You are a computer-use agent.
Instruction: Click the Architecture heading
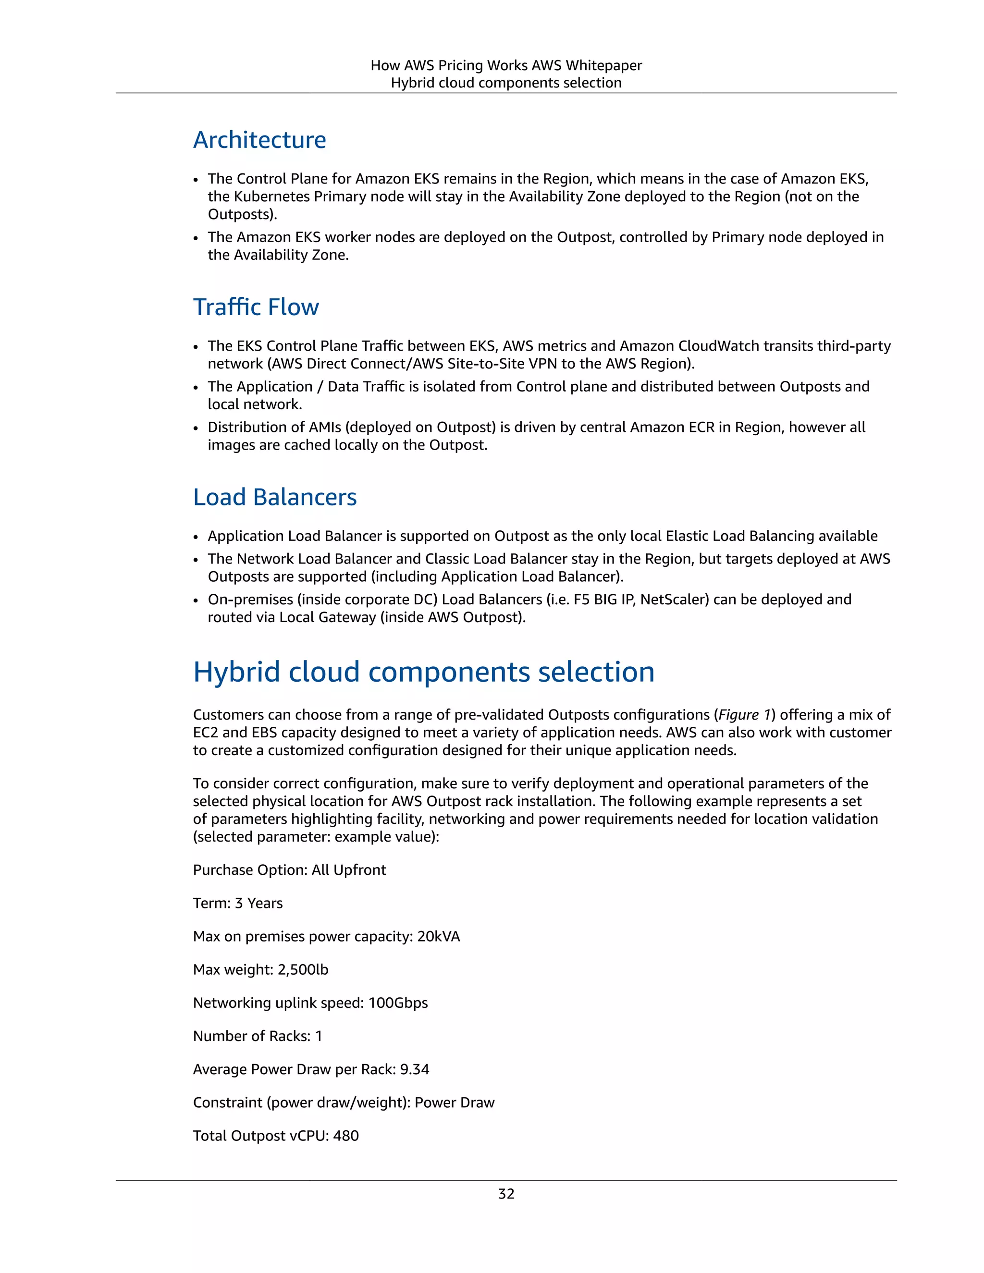click(x=259, y=140)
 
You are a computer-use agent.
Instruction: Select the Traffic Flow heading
click(x=256, y=307)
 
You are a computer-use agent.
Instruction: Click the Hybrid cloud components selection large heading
click(x=424, y=672)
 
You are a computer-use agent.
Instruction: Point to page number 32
click(x=506, y=1194)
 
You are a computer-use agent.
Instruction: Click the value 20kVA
click(x=438, y=936)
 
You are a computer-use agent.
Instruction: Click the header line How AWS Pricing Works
click(x=506, y=65)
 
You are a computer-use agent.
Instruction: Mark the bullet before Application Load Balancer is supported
click(x=197, y=537)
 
